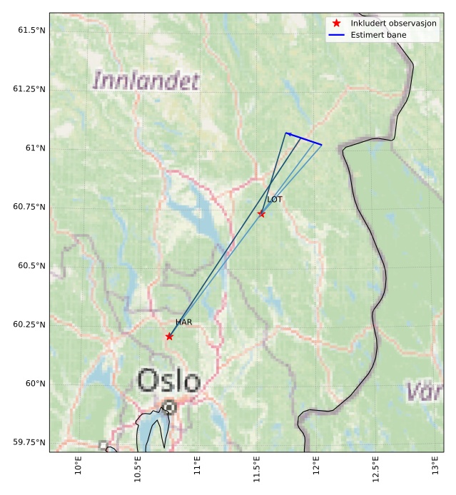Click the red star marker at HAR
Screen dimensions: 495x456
(169, 336)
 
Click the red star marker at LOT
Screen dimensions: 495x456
(261, 214)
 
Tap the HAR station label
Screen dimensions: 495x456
(183, 322)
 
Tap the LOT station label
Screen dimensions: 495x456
(275, 200)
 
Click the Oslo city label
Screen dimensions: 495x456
(168, 382)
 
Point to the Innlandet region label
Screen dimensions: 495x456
(146, 81)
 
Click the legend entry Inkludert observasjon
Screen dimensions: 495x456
(393, 24)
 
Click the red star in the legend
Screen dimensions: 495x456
(337, 24)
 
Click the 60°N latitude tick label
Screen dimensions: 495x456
(33, 383)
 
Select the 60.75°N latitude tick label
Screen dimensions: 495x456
(29, 207)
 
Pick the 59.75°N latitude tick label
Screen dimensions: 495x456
(29, 442)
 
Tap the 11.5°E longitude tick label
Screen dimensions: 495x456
(256, 470)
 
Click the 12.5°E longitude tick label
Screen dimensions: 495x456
(375, 470)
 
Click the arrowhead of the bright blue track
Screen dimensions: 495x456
(288, 133)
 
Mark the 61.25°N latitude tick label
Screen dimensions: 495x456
(29, 89)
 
